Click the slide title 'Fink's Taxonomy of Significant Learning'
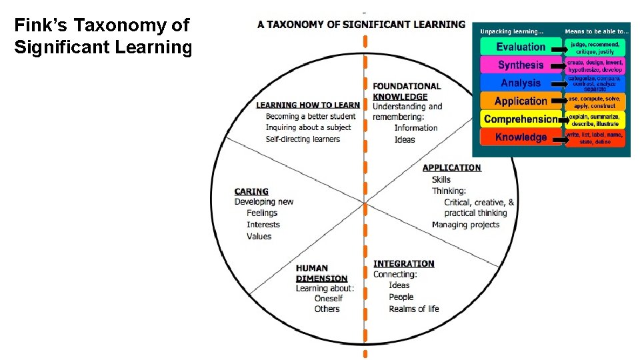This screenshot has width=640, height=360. coord(103,37)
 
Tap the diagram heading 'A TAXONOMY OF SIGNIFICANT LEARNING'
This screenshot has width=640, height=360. coord(361,25)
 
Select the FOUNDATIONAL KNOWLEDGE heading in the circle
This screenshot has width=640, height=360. coord(407,91)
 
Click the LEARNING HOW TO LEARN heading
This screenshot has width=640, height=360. coord(308,105)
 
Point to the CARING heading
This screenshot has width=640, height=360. coord(251,191)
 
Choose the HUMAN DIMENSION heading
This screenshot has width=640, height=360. coord(322,273)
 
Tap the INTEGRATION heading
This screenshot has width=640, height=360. coord(403,264)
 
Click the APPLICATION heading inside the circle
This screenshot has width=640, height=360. coord(451,168)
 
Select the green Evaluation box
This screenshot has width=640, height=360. coord(521,47)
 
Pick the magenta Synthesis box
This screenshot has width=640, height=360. coord(521,65)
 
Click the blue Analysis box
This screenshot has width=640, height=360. coord(521,83)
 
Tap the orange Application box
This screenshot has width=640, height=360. coord(521,101)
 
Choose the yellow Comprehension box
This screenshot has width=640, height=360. coord(521,119)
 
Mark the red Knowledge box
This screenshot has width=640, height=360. coord(521,137)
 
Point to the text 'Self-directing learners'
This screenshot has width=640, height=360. coord(303,139)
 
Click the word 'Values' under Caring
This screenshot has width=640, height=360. coord(259,237)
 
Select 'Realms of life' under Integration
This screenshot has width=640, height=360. coord(414,309)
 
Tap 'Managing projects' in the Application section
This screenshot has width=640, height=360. coord(465,225)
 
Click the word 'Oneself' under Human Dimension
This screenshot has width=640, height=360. coord(329,299)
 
